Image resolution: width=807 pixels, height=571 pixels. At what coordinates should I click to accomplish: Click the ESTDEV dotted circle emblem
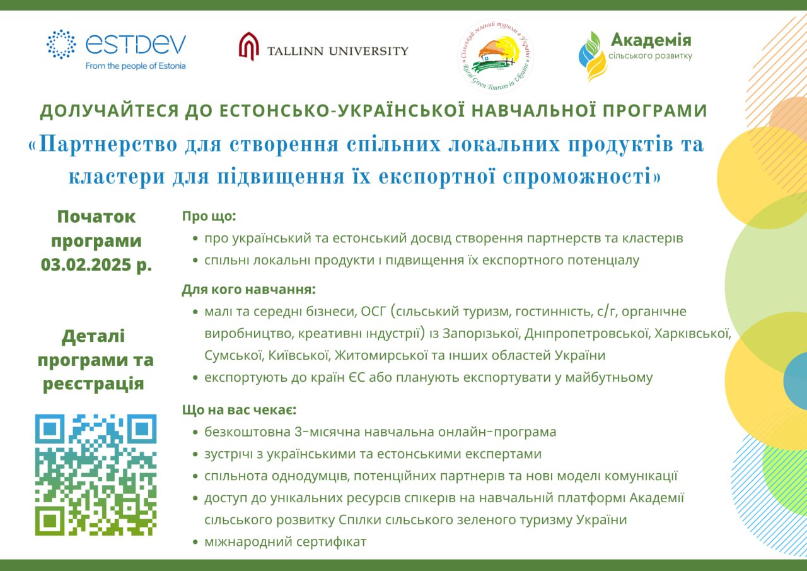pos(61,44)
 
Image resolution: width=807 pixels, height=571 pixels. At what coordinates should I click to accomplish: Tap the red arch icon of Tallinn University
pos(249,46)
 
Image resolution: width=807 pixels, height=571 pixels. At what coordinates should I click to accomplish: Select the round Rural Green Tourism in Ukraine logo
pos(496,56)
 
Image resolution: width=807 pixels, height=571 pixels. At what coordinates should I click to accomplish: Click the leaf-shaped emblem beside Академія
pos(592,56)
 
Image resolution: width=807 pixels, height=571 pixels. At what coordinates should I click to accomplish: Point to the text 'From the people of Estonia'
pos(136,66)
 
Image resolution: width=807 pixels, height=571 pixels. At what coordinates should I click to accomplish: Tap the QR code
pos(96,474)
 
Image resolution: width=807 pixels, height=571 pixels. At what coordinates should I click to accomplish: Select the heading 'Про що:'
pos(209,216)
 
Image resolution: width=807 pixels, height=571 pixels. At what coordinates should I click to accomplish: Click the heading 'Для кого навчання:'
pos(248,290)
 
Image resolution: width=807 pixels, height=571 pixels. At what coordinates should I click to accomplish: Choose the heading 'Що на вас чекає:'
pos(239,410)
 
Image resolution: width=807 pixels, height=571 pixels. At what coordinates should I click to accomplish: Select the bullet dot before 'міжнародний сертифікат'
pos(195,542)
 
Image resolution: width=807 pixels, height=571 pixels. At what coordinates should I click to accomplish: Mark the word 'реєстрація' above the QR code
pos(93,384)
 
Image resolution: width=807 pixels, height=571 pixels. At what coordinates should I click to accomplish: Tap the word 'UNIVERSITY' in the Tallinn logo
pos(368,51)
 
